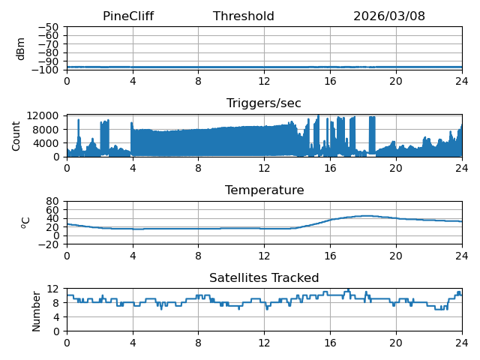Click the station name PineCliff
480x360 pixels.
(128, 16)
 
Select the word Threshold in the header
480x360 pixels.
(243, 16)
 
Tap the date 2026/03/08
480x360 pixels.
(389, 16)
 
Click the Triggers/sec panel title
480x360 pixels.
(264, 103)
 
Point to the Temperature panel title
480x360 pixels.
(265, 190)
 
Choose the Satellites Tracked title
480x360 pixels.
(264, 277)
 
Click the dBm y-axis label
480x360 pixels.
(20, 49)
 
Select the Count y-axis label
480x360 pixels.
(16, 136)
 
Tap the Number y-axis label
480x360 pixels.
(36, 311)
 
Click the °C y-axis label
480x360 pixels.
(25, 223)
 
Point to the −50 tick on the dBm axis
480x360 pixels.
(48, 27)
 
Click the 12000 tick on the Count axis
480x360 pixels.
(43, 115)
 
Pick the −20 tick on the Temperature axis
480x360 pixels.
(48, 244)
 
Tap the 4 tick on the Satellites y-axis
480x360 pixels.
(56, 317)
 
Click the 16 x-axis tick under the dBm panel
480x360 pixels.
(330, 82)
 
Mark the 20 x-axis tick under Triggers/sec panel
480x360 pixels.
(396, 168)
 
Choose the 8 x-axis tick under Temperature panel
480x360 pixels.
(198, 256)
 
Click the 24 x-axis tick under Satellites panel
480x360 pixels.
(462, 343)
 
